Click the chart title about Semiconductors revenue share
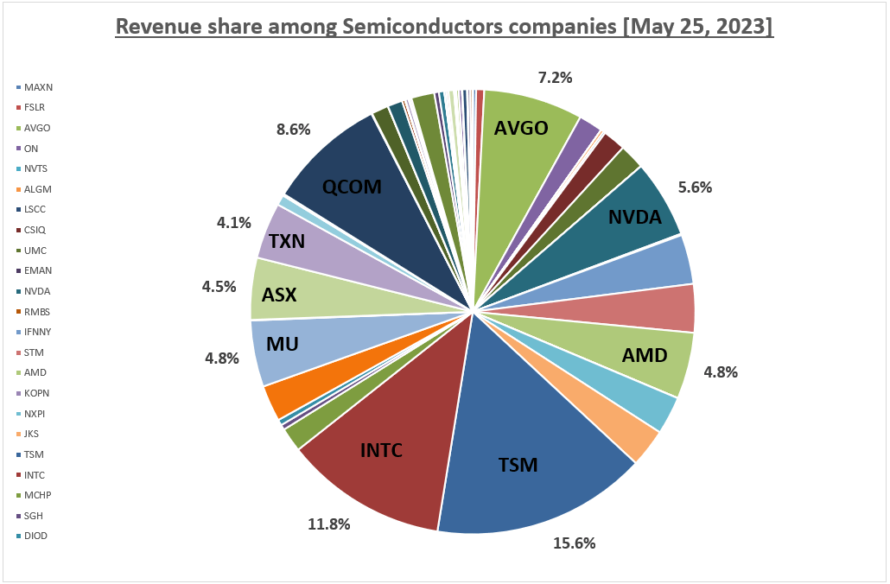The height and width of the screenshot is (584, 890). click(444, 27)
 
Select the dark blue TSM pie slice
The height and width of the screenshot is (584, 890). click(527, 432)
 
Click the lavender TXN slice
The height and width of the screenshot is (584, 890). click(294, 242)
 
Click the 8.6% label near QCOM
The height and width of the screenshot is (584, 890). click(293, 130)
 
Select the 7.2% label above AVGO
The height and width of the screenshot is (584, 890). click(555, 78)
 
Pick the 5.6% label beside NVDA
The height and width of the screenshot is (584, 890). click(694, 187)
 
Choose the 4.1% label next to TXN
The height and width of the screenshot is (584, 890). click(233, 223)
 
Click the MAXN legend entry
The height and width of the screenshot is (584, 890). click(37, 87)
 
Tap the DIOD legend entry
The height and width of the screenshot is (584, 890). click(36, 536)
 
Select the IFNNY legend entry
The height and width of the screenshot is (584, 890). click(38, 332)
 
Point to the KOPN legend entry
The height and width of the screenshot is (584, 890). click(37, 393)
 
